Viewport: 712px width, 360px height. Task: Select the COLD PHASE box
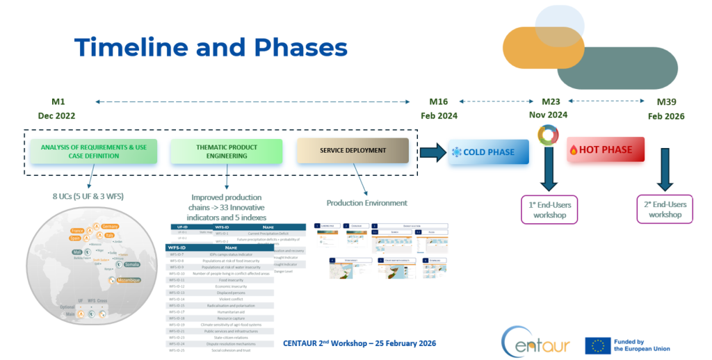pyautogui.click(x=488, y=152)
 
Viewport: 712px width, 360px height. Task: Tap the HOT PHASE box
pyautogui.click(x=605, y=149)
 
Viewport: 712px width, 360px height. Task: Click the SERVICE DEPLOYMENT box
pyautogui.click(x=352, y=151)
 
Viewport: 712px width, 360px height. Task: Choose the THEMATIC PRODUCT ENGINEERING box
pyautogui.click(x=227, y=152)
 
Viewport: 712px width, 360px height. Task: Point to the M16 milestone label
pyautogui.click(x=438, y=101)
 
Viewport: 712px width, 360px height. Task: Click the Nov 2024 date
pyautogui.click(x=547, y=115)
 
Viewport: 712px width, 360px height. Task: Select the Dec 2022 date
pyautogui.click(x=56, y=115)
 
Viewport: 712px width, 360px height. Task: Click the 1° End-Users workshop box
pyautogui.click(x=550, y=209)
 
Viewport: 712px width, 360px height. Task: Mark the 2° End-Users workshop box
pyautogui.click(x=665, y=209)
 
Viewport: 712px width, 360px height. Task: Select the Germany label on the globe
pyautogui.click(x=109, y=227)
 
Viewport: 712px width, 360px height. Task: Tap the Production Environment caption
pyautogui.click(x=366, y=203)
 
